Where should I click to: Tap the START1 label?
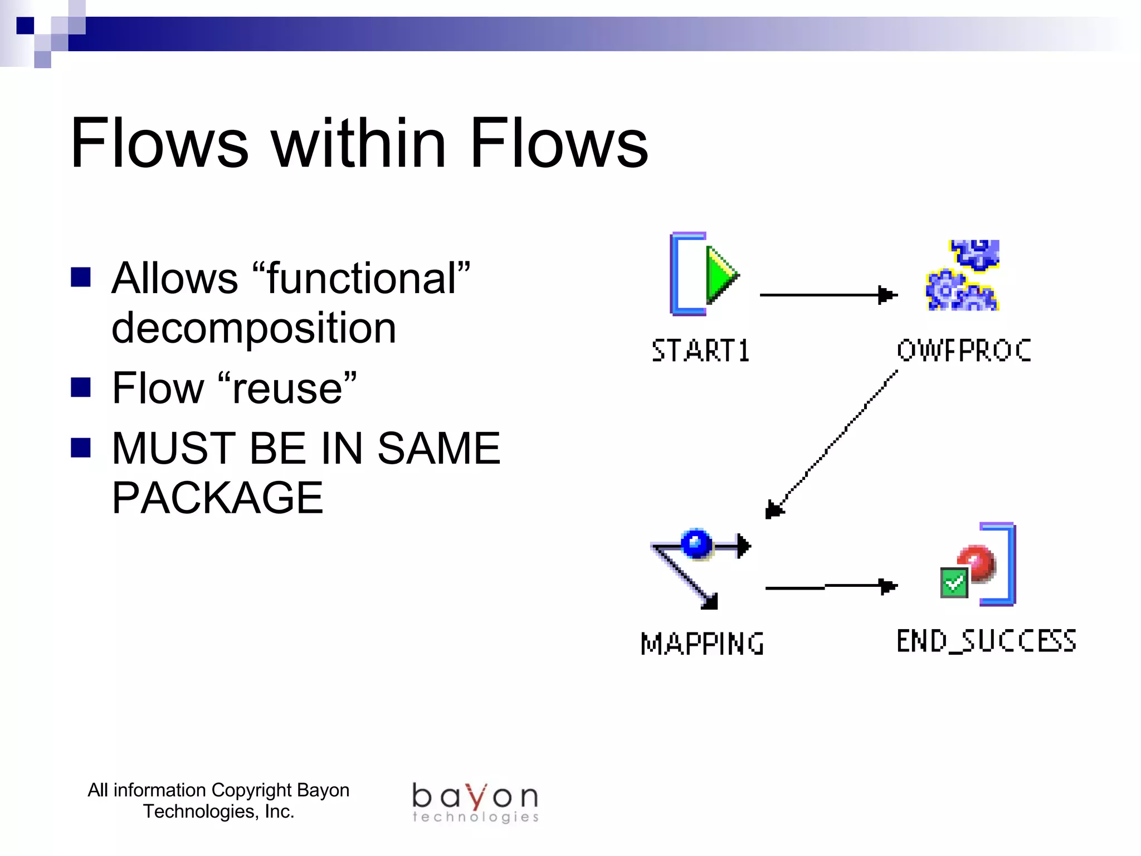coord(700,351)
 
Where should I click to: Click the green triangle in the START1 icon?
coord(720,275)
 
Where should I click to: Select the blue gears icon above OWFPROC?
coord(963,275)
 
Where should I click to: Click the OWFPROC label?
coord(964,351)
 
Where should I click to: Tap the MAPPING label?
coord(702,644)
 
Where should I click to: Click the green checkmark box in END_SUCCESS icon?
coord(953,583)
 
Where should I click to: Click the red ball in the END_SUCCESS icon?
coord(977,563)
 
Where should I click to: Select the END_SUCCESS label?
coord(986,641)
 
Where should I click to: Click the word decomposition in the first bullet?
coord(253,328)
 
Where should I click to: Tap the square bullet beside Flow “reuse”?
coord(81,387)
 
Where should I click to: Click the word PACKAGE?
coord(217,498)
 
